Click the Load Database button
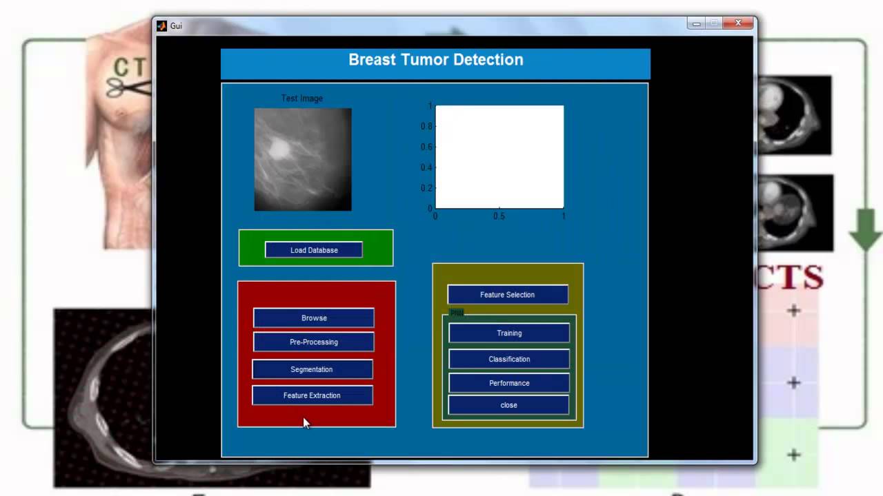pos(314,250)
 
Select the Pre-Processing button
pos(314,342)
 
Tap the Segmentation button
pos(312,369)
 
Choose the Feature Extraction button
pos(312,395)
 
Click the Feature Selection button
pos(508,295)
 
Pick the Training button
pos(509,333)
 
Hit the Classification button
pos(509,359)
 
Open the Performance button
pos(509,383)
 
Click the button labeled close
pos(508,405)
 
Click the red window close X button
pos(738,23)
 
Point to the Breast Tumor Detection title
pos(435,60)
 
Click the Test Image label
pos(302,99)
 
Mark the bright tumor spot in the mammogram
pos(279,147)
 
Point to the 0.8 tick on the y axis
pos(428,126)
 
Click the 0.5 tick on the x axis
pos(499,216)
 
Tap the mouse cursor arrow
pos(306,422)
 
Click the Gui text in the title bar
pos(176,26)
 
